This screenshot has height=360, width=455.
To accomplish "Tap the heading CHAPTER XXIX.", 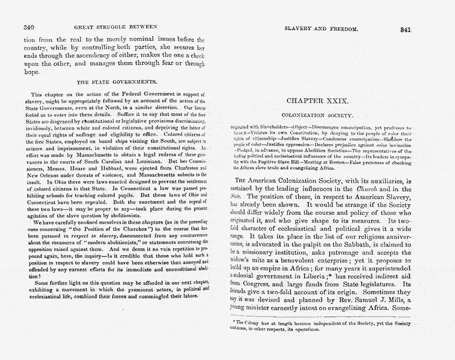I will pos(317,101).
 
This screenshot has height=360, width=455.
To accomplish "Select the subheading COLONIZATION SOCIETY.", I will pos(317,115).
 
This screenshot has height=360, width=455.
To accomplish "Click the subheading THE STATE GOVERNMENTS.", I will pos(113,82).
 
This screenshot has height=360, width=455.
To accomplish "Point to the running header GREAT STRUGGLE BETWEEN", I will pos(116,27).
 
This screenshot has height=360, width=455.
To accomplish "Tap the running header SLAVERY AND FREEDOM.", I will pos(320,29).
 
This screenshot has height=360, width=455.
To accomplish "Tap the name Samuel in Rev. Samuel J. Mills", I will pos(363,300).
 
